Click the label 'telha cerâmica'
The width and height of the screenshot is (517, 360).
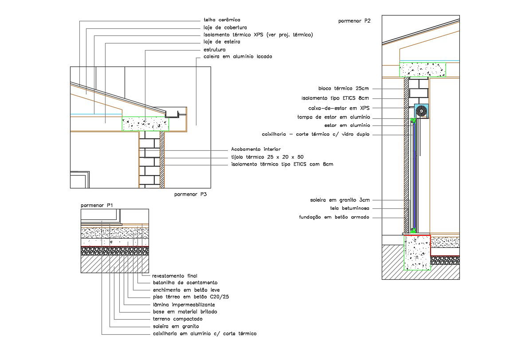[x=222, y=20]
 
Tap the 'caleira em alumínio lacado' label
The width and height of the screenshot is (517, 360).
[x=238, y=57]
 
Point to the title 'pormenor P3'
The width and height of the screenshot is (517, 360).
[x=191, y=194]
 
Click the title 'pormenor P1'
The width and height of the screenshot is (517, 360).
[x=97, y=205]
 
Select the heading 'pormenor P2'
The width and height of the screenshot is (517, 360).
[x=354, y=20]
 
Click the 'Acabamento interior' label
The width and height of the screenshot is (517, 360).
[x=256, y=149]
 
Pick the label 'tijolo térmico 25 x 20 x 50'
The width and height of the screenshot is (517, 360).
[x=267, y=157]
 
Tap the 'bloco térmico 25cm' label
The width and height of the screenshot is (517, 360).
[x=343, y=88]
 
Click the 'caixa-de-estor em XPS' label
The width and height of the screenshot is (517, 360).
[x=339, y=108]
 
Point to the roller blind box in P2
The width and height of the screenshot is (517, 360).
[x=422, y=111]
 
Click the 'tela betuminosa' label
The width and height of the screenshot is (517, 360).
[x=349, y=208]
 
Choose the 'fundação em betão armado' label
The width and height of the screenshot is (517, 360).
[x=334, y=217]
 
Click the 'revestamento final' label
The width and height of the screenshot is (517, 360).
[x=174, y=275]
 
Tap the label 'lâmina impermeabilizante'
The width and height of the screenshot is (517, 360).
[x=184, y=305]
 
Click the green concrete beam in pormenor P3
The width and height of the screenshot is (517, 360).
[x=142, y=124]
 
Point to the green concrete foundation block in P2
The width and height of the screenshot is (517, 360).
[x=417, y=252]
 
